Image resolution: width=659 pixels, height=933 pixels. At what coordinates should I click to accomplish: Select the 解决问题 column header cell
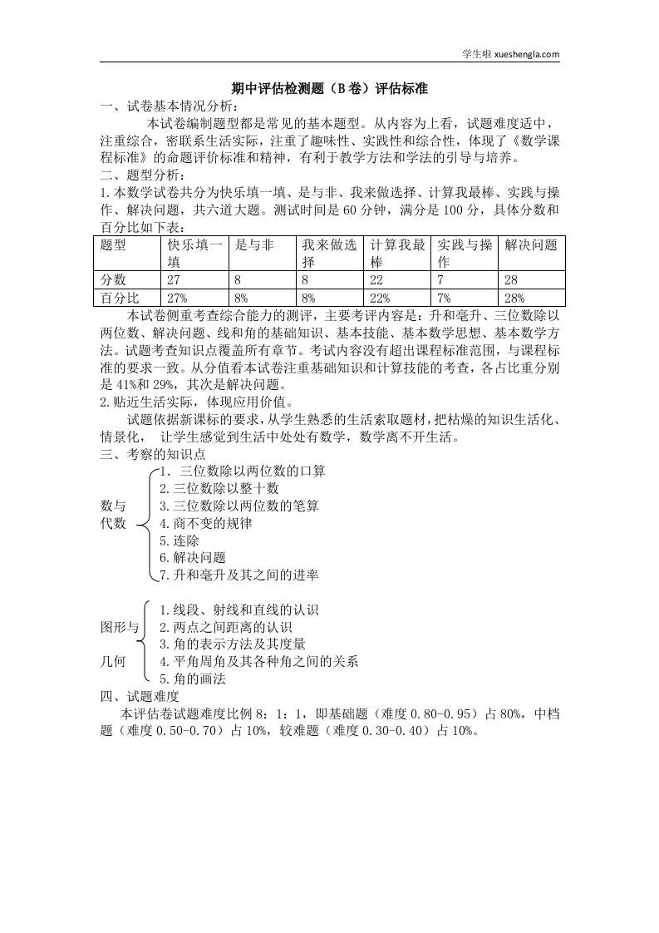[531, 244]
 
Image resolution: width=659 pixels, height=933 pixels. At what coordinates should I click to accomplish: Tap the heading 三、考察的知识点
[152, 454]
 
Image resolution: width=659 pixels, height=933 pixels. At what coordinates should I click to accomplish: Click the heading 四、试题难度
[140, 697]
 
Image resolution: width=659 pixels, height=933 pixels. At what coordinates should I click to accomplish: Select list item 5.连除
[179, 541]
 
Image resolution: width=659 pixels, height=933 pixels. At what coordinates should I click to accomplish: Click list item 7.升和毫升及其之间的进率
[239, 575]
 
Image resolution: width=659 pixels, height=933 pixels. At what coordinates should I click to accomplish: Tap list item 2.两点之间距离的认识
[225, 628]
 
